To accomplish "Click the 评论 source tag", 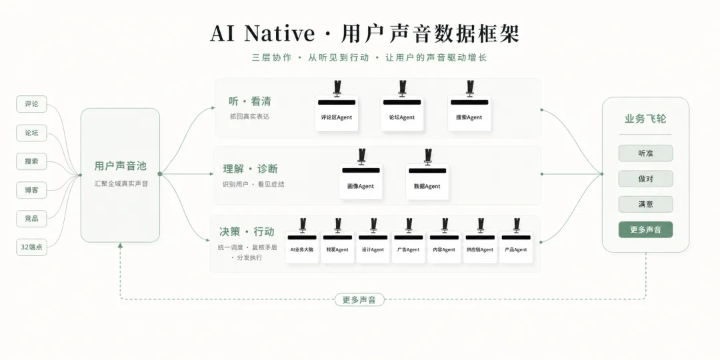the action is pyautogui.click(x=32, y=104).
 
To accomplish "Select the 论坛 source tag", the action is pyautogui.click(x=32, y=133).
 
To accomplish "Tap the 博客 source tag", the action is pyautogui.click(x=32, y=189).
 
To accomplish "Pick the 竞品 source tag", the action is pyautogui.click(x=32, y=219).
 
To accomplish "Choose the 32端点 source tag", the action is pyautogui.click(x=32, y=247).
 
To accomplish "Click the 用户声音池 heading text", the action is pyautogui.click(x=120, y=166).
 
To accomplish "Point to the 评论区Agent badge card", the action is pyautogui.click(x=337, y=113).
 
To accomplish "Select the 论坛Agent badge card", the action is pyautogui.click(x=402, y=113).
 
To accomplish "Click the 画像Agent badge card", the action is pyautogui.click(x=361, y=181).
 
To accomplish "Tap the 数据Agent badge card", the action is pyautogui.click(x=427, y=181).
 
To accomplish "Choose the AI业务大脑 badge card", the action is pyautogui.click(x=302, y=247).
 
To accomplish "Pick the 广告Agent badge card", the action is pyautogui.click(x=408, y=247).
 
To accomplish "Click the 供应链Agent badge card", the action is pyautogui.click(x=480, y=247).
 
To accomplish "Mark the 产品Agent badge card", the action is pyautogui.click(x=515, y=247).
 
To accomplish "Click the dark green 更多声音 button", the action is pyautogui.click(x=645, y=229).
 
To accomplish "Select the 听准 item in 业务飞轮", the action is pyautogui.click(x=645, y=153).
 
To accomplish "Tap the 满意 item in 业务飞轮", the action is pyautogui.click(x=645, y=205).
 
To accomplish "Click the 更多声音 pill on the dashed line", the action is pyautogui.click(x=359, y=300).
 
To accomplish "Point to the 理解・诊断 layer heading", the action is pyautogui.click(x=251, y=169).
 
